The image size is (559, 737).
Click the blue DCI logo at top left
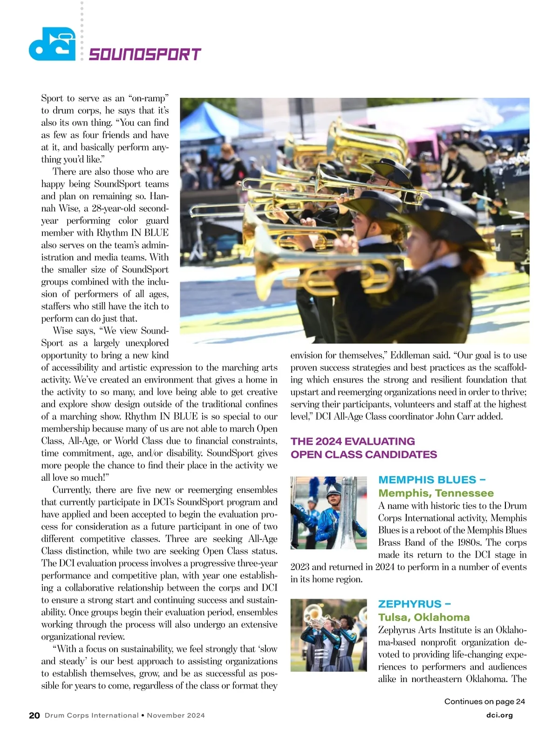[x=52, y=44]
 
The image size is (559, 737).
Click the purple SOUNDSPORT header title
[x=144, y=55]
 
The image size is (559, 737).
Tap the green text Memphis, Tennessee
[x=436, y=493]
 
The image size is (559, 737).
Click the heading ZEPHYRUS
[x=414, y=604]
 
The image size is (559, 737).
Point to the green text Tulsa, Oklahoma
[x=424, y=617]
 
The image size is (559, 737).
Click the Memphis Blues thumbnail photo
[x=328, y=512]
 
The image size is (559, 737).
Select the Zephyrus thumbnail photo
[x=328, y=635]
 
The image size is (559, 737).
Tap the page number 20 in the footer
[x=34, y=716]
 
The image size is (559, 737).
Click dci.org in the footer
[x=499, y=715]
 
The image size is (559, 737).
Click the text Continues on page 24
[x=484, y=702]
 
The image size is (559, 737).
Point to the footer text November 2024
[x=176, y=716]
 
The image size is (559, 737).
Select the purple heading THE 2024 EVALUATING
[x=353, y=441]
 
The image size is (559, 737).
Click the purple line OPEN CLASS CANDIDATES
[x=364, y=454]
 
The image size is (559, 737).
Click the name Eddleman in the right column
[x=410, y=355]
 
